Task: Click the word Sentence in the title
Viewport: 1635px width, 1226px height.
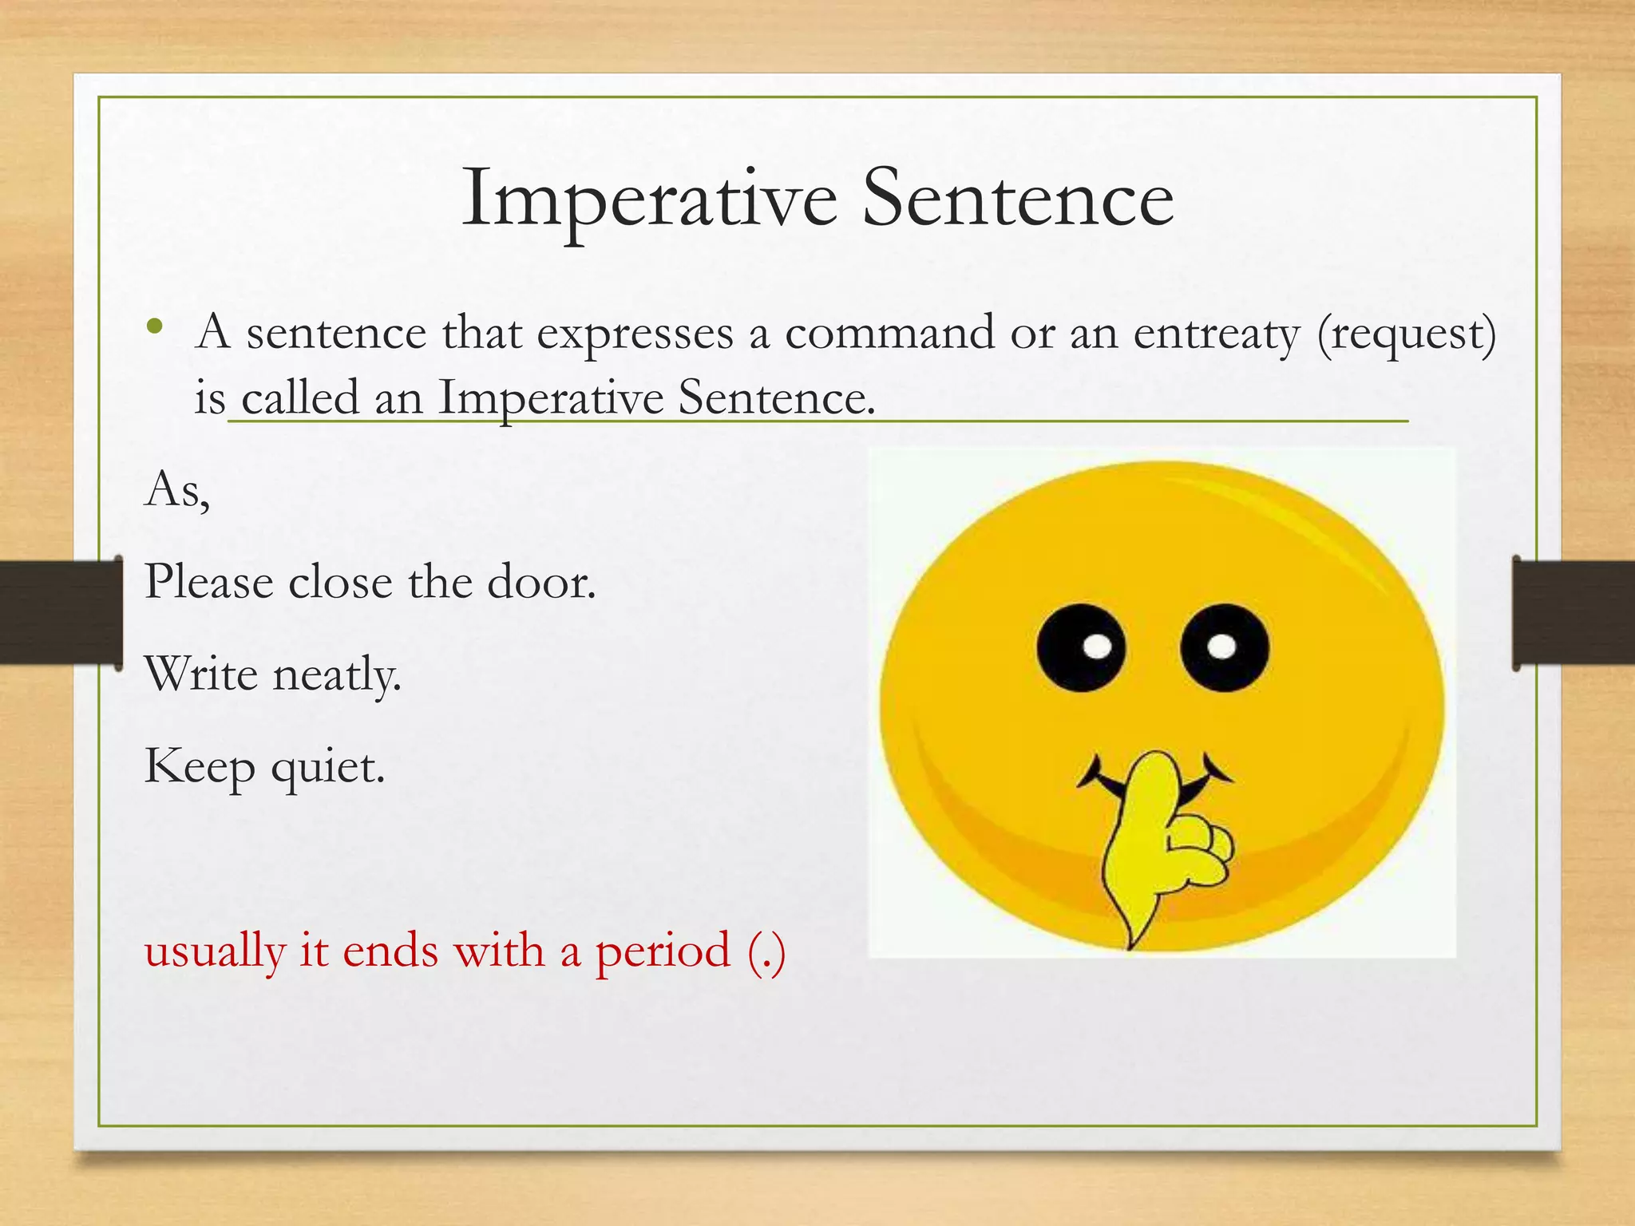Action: (1018, 200)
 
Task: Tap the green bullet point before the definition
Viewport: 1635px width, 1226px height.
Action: (155, 326)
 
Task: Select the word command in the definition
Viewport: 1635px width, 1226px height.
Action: (889, 333)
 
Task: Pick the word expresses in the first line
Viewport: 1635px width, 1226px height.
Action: (634, 334)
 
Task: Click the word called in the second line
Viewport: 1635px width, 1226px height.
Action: (300, 397)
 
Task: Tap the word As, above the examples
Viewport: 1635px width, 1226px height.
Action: (177, 489)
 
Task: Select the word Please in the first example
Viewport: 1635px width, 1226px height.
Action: (209, 582)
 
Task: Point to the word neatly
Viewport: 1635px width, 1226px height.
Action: (336, 675)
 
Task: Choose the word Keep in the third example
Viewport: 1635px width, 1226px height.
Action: (200, 768)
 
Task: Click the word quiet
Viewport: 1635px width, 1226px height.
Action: (327, 769)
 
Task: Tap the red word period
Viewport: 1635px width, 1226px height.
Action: (663, 951)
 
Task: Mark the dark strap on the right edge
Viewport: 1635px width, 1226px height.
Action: (1573, 612)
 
